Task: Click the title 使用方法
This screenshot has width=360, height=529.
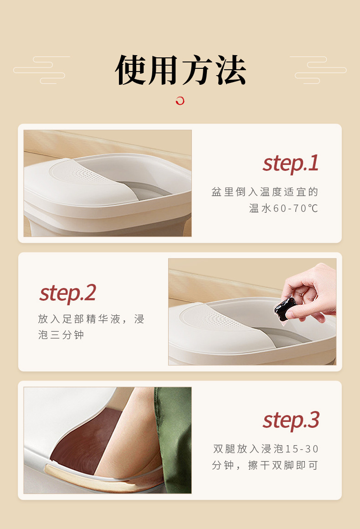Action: click(180, 71)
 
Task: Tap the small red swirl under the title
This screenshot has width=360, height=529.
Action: click(180, 101)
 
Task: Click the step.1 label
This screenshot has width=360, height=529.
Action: click(290, 163)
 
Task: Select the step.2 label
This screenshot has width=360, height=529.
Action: click(67, 293)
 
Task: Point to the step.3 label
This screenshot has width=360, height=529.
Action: click(291, 420)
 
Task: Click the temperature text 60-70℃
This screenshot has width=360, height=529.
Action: click(295, 209)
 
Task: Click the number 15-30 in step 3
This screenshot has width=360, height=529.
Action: click(302, 449)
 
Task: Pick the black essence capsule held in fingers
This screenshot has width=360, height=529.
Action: click(285, 307)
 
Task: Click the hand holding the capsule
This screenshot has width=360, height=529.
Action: click(312, 292)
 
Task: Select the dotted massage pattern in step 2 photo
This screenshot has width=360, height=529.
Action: click(238, 314)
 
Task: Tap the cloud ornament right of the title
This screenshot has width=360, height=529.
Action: click(319, 70)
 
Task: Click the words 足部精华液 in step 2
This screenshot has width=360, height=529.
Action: click(92, 319)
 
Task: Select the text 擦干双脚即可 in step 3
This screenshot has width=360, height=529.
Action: click(283, 465)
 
